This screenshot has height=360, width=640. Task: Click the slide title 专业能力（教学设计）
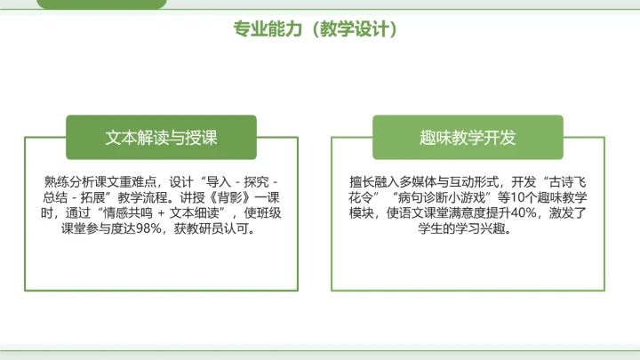pyautogui.click(x=315, y=29)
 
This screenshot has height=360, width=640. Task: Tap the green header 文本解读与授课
pyautogui.click(x=161, y=138)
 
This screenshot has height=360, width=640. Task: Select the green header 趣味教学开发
pyautogui.click(x=468, y=138)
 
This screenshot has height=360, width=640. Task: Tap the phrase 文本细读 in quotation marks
pyautogui.click(x=195, y=212)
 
